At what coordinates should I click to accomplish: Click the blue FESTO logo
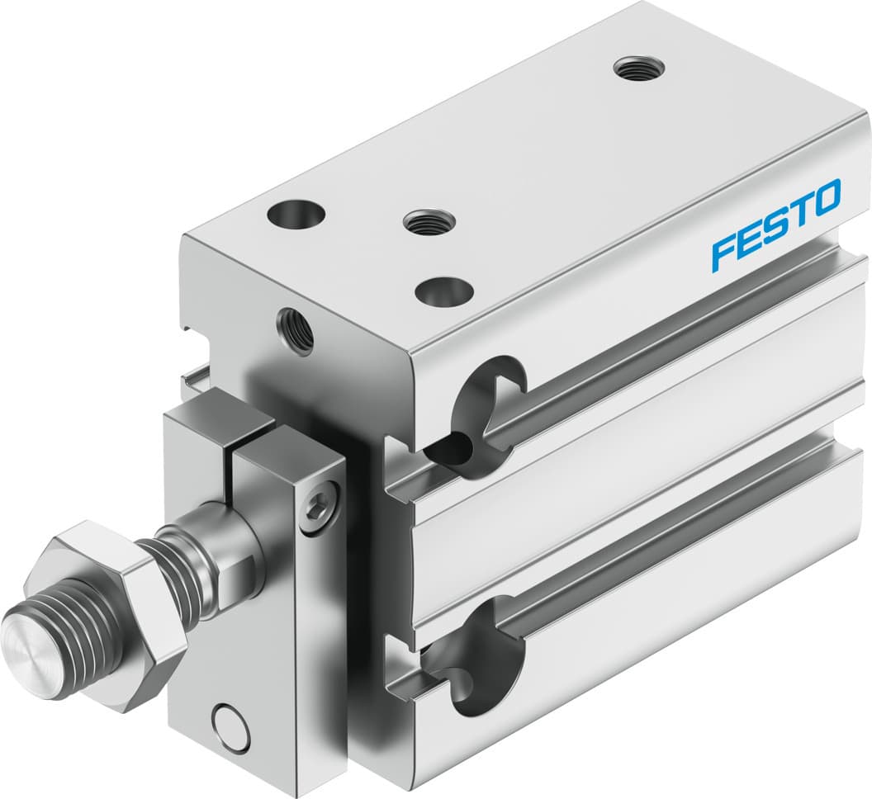[775, 225]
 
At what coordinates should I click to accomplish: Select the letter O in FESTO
[826, 196]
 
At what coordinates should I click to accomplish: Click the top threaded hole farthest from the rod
[637, 67]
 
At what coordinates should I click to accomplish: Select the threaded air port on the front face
[296, 327]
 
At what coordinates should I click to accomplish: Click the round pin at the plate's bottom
[228, 724]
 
